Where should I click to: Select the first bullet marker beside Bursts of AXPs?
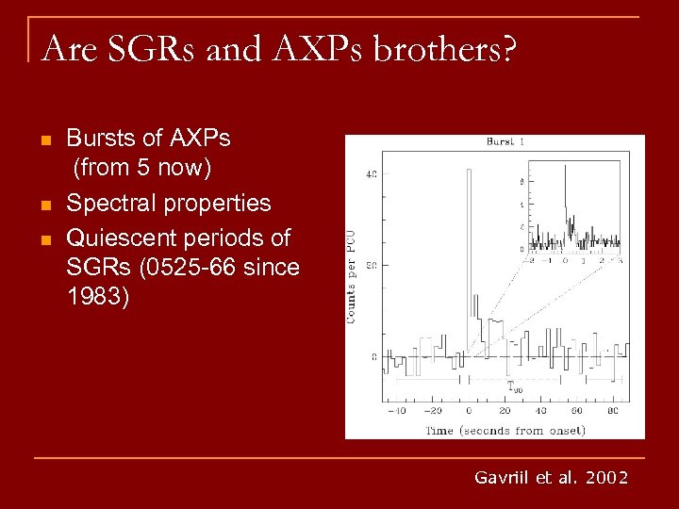pos(45,141)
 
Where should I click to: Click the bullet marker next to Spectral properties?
pos(45,205)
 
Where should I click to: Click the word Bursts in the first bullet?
pos(99,139)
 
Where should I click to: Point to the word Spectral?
pos(108,204)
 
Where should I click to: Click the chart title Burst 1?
pos(507,142)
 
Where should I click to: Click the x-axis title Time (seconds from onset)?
pos(505,431)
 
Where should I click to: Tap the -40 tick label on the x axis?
pos(399,411)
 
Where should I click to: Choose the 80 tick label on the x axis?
pos(613,411)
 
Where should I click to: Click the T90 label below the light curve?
pos(514,386)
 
